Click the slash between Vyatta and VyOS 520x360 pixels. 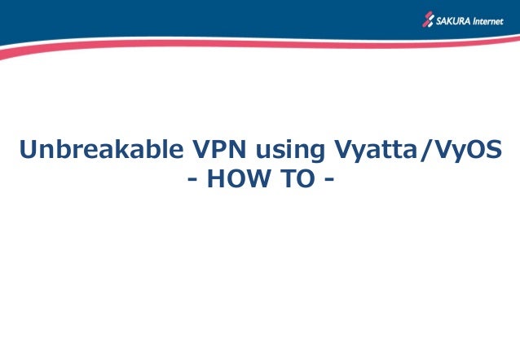coord(427,151)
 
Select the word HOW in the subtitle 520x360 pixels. coord(237,179)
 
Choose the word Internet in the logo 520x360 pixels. coord(489,20)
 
